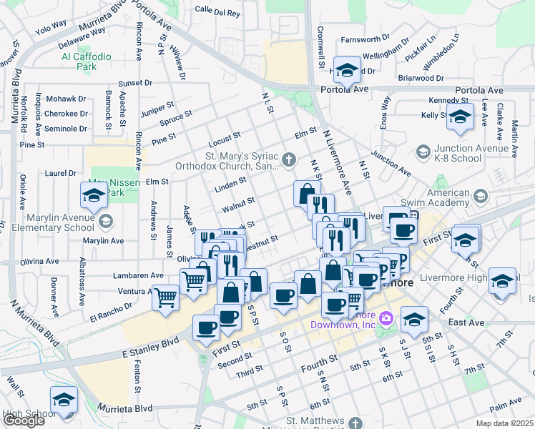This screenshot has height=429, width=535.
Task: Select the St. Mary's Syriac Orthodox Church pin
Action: click(x=289, y=159)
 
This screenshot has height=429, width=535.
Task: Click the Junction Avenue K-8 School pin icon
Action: click(x=423, y=152)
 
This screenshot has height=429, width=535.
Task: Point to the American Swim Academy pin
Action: click(x=481, y=194)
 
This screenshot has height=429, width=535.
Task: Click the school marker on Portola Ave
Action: click(x=348, y=71)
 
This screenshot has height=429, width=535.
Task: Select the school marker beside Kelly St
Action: click(x=459, y=116)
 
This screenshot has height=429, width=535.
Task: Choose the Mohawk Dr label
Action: click(x=66, y=99)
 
